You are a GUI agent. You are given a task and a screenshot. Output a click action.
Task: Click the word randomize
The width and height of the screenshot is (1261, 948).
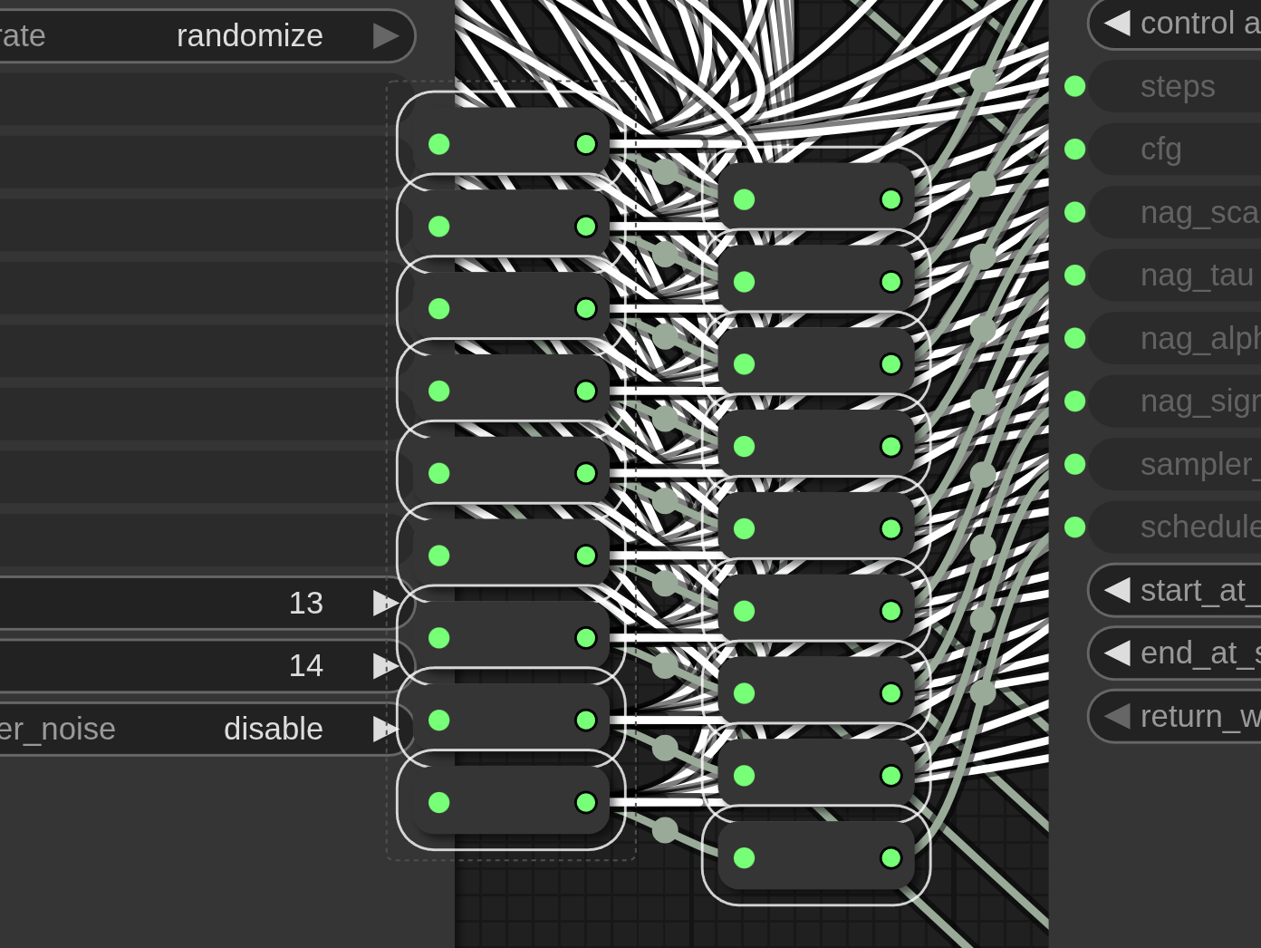(249, 36)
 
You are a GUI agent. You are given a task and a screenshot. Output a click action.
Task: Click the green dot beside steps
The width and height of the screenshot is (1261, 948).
(1075, 86)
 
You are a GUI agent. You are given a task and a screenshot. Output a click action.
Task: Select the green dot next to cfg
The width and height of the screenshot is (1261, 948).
(1075, 149)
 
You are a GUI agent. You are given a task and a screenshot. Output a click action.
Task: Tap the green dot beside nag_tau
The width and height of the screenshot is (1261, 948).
(1075, 275)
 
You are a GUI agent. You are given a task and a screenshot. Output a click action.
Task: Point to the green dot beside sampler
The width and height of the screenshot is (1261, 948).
(1075, 464)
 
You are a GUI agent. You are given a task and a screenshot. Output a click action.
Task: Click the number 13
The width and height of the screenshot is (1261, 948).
(305, 604)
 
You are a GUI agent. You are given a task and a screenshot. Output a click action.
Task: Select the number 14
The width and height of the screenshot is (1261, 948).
(305, 666)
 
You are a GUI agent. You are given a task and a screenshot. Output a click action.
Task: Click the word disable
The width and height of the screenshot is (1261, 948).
(273, 729)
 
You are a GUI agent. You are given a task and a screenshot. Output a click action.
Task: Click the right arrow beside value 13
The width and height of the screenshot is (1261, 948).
(385, 604)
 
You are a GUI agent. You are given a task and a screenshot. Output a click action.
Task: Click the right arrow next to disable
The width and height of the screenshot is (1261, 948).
(385, 729)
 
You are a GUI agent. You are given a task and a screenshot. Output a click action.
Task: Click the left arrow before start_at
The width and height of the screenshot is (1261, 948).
(1118, 590)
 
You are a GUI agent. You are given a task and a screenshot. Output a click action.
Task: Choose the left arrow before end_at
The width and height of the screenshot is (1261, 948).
(1118, 653)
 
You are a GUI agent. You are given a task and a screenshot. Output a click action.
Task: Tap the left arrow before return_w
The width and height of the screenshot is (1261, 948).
(1118, 716)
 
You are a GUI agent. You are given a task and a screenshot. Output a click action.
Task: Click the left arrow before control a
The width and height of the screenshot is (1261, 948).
(1118, 23)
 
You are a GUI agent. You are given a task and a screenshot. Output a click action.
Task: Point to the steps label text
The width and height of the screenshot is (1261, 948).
(1178, 86)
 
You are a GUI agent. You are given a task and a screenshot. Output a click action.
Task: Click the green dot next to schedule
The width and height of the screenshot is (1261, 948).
(1075, 527)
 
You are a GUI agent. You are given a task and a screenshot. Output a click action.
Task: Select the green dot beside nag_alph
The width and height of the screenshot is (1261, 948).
(1075, 338)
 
